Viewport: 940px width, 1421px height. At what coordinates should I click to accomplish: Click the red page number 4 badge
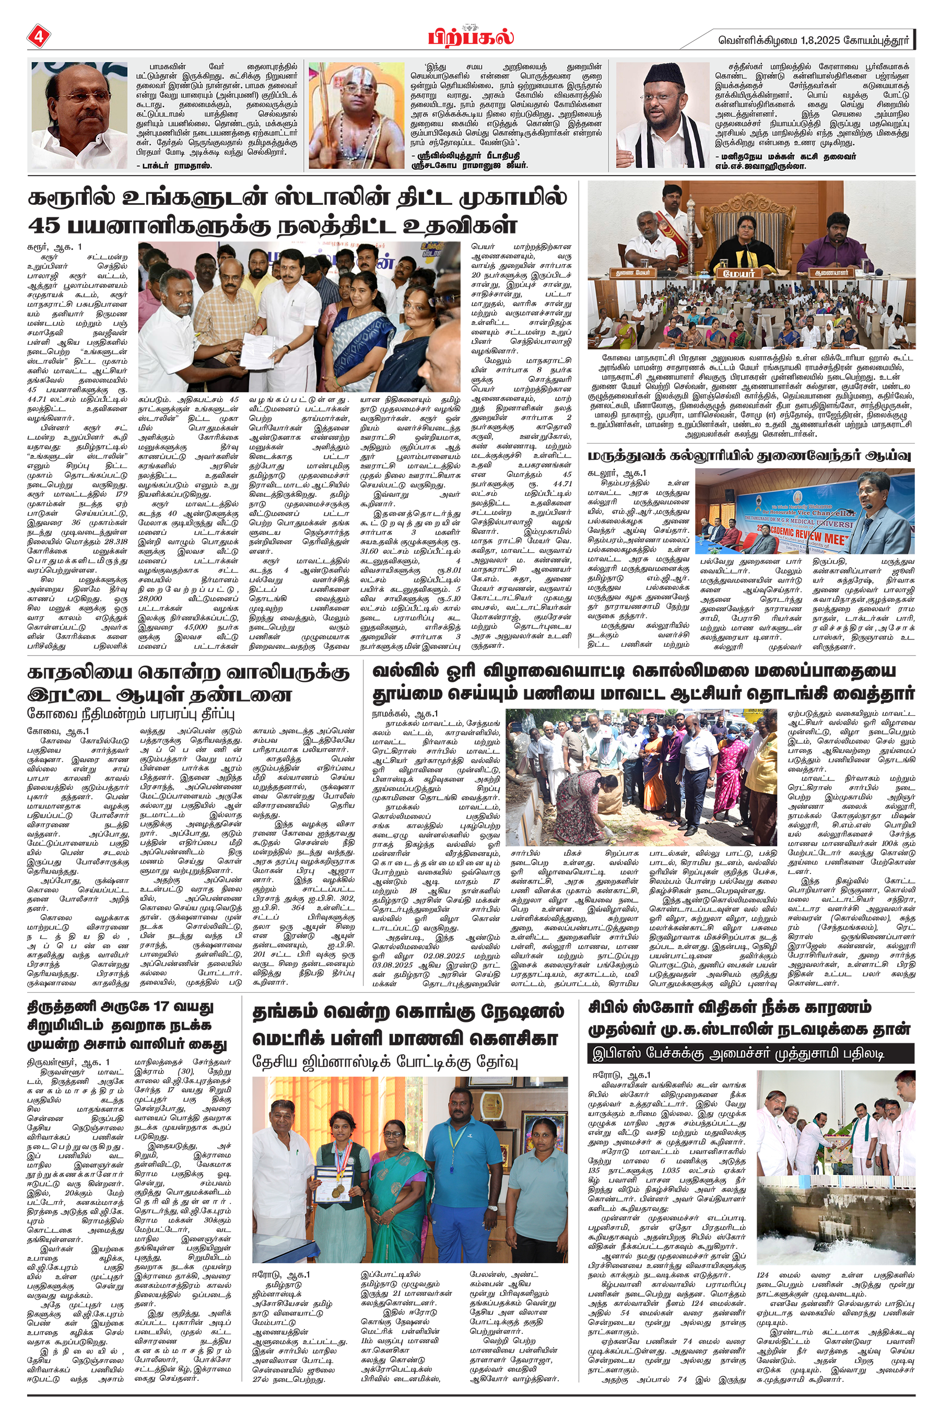point(38,37)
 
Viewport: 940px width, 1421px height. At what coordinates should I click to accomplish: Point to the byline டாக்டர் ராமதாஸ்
point(174,166)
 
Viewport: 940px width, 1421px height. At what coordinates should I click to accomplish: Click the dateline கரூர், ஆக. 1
point(54,247)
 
